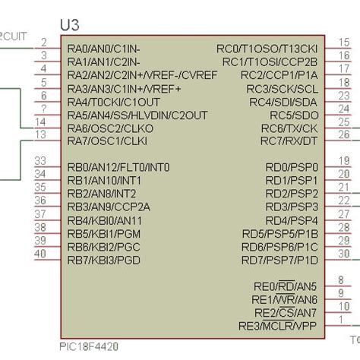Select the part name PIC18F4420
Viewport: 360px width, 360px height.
[88, 346]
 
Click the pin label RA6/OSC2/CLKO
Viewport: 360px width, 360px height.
[110, 128]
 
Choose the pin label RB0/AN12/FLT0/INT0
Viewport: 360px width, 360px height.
[118, 168]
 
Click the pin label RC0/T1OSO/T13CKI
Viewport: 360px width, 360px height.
[267, 48]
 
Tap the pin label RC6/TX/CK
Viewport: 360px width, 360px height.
[289, 128]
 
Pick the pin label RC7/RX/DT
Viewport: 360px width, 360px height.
[289, 141]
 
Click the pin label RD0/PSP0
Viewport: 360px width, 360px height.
[291, 168]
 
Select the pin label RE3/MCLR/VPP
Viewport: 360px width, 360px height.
[277, 327]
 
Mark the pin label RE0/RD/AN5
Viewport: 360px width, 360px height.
[285, 287]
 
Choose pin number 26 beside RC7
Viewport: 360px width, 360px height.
[344, 134]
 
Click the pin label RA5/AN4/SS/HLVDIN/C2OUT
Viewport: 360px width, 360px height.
[137, 115]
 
